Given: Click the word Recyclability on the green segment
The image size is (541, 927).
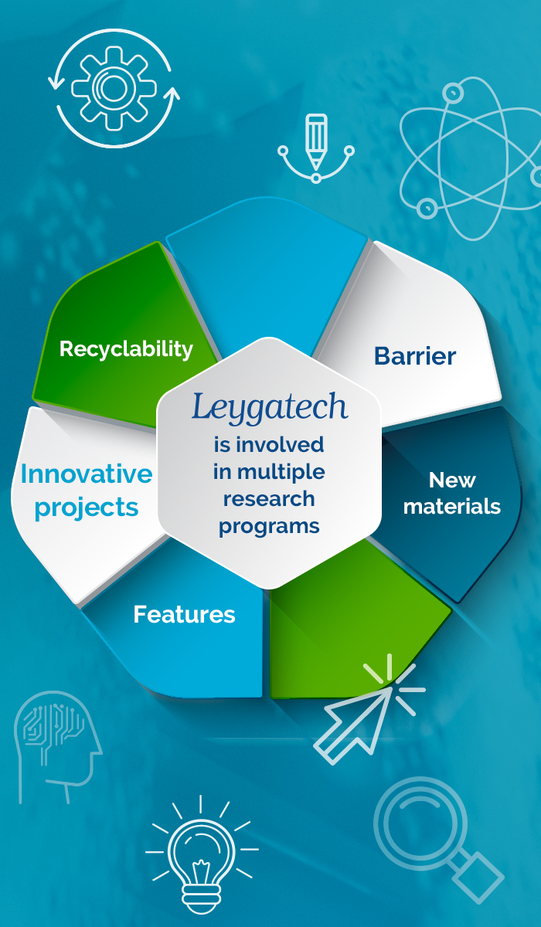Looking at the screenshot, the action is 126,350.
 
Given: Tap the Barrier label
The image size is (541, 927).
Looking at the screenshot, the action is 415,356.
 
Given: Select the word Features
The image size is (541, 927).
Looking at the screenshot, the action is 184,615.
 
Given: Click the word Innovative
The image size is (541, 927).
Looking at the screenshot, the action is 87,474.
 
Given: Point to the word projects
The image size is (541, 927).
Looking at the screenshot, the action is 87,508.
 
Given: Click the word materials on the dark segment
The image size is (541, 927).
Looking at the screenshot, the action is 452,507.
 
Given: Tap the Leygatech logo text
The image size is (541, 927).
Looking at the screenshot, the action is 270,408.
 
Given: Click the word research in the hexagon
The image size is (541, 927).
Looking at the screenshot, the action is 269,499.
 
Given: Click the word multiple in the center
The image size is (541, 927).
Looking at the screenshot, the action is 281,473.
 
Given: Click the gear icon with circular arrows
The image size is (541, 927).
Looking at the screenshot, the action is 114,88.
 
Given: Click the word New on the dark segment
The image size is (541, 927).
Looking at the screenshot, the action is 452,480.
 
